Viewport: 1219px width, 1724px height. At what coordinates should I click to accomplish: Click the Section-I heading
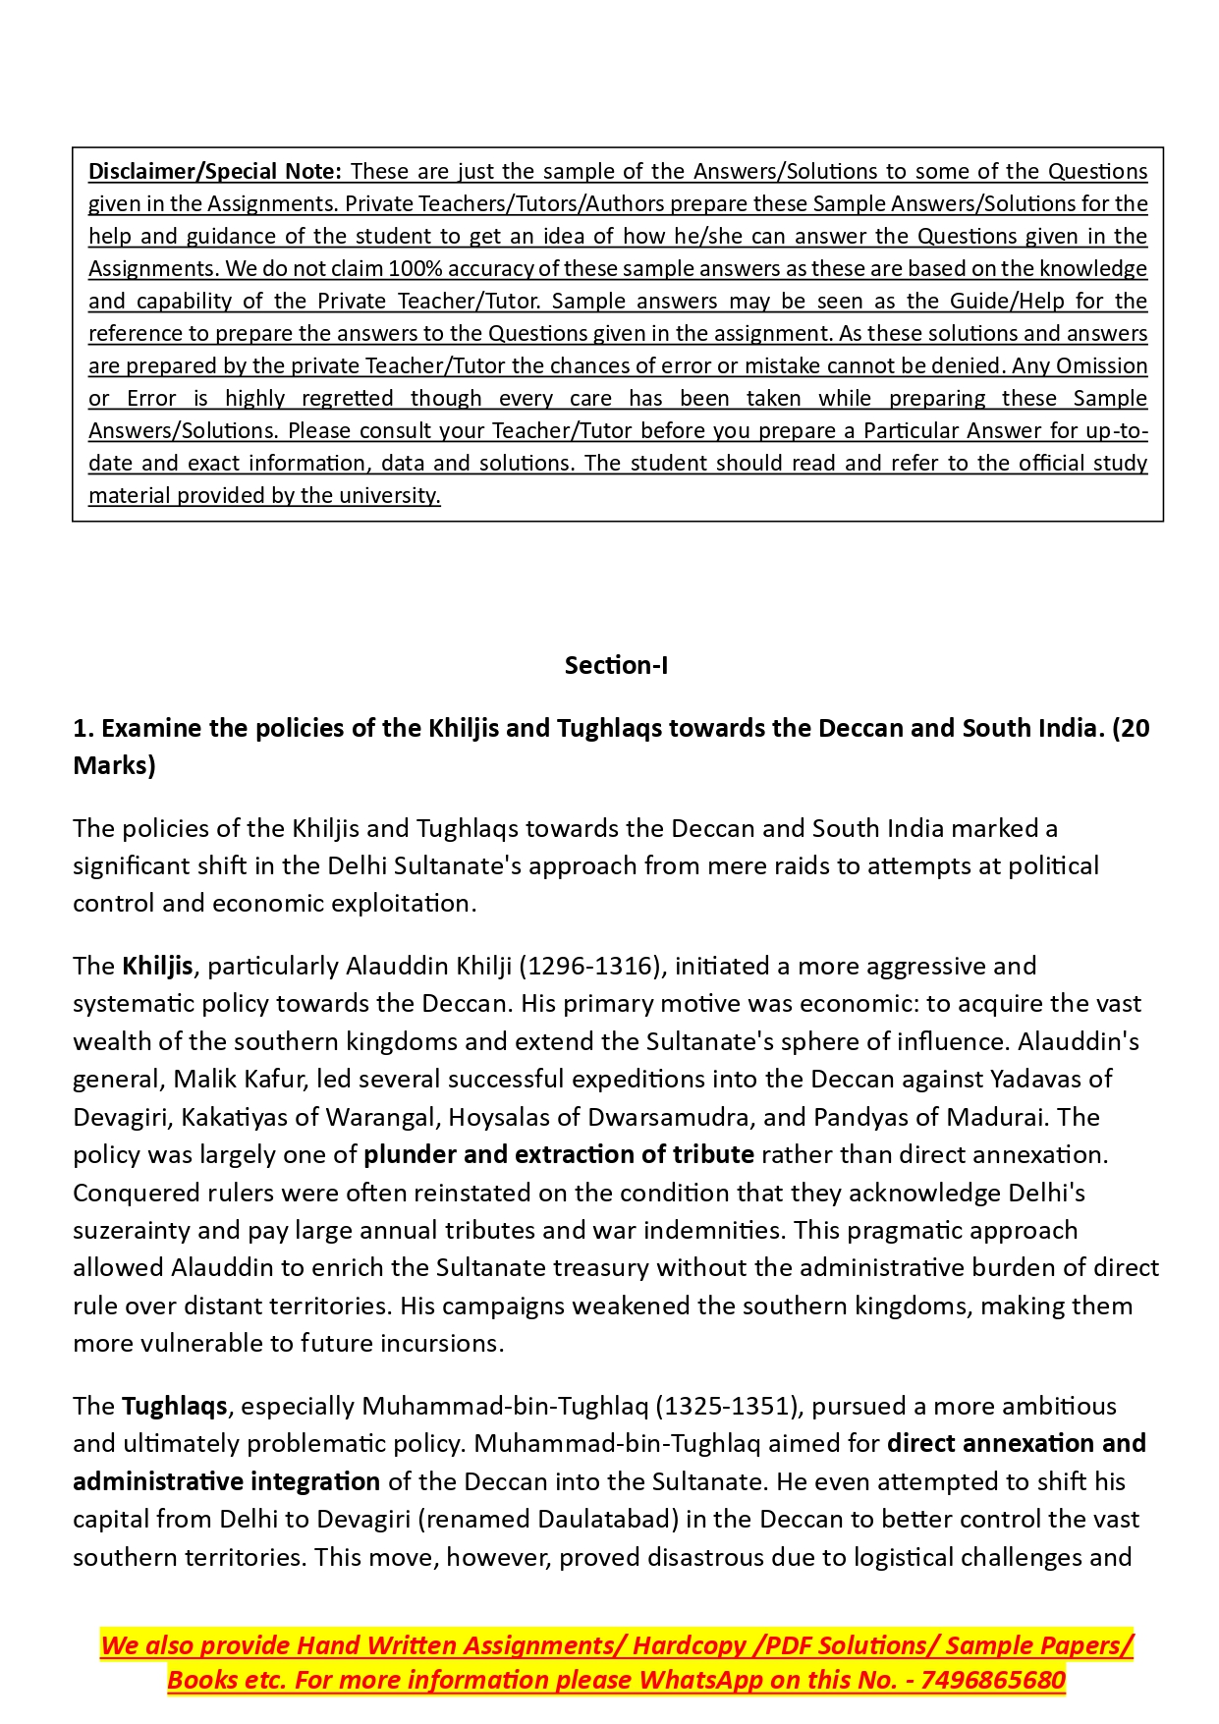point(616,665)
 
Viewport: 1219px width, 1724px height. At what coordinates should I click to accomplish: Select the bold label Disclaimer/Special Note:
point(214,171)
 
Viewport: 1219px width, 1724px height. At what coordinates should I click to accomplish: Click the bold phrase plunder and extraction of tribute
point(559,1154)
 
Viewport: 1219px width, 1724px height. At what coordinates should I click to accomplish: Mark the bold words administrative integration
point(226,1481)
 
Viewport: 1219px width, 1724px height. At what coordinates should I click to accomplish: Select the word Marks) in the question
point(114,765)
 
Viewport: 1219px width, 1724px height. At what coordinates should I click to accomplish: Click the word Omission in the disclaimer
point(1101,365)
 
